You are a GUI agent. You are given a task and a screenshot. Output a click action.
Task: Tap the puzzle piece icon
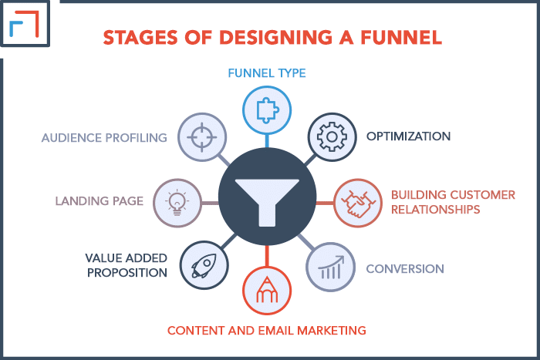pos(267,110)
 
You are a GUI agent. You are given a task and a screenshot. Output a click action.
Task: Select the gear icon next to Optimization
pos(332,136)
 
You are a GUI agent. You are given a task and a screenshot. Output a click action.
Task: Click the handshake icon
pos(358,204)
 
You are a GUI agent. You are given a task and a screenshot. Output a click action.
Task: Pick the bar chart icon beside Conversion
pos(331,267)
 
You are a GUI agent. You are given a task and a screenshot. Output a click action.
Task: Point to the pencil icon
pos(267,290)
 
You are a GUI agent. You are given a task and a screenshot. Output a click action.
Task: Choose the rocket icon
pos(204,265)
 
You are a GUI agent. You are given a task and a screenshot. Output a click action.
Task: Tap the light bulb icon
pos(177,203)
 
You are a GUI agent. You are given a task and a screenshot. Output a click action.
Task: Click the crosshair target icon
pos(202,137)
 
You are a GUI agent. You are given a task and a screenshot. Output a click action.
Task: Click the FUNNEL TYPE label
pos(267,73)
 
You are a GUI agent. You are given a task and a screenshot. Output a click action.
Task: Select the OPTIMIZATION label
pos(408,136)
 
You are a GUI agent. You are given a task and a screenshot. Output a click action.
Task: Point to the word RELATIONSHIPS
pos(436,209)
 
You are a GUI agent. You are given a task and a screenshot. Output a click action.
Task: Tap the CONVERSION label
pos(405,269)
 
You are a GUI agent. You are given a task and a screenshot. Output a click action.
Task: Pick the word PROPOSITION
pos(127,273)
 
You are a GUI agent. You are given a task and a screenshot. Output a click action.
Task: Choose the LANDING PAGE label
pos(100,201)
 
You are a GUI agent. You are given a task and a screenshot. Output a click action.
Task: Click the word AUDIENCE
pos(71,138)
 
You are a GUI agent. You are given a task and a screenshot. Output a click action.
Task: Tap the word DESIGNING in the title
pos(276,37)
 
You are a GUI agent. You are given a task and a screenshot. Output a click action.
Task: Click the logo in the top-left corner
pos(25,23)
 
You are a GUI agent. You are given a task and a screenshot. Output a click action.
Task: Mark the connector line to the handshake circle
pos(325,203)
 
